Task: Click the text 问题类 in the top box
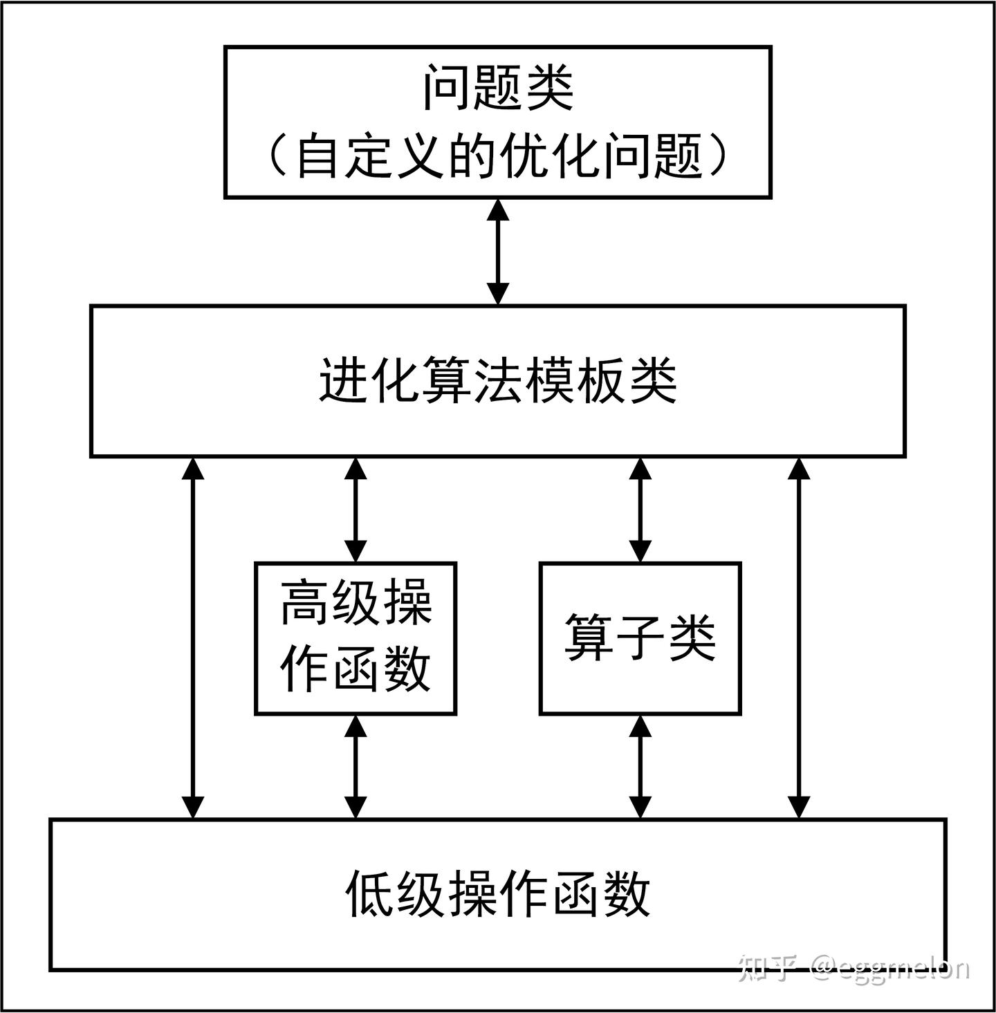point(498,88)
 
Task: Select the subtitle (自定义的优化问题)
point(498,156)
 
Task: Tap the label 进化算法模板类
point(498,381)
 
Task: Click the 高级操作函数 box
point(356,638)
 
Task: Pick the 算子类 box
point(640,638)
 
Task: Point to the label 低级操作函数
point(498,893)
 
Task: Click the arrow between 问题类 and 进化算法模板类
point(498,252)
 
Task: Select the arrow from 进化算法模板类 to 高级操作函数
point(356,510)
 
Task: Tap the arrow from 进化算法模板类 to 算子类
point(640,510)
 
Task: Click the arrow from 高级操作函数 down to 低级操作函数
point(356,766)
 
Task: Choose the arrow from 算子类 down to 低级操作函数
point(640,766)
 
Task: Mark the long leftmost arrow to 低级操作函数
point(193,638)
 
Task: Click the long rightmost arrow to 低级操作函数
point(799,638)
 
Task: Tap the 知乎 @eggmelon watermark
point(855,968)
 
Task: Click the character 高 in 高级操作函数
point(304,602)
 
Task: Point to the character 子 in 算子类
point(640,638)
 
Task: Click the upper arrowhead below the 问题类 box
point(498,210)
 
